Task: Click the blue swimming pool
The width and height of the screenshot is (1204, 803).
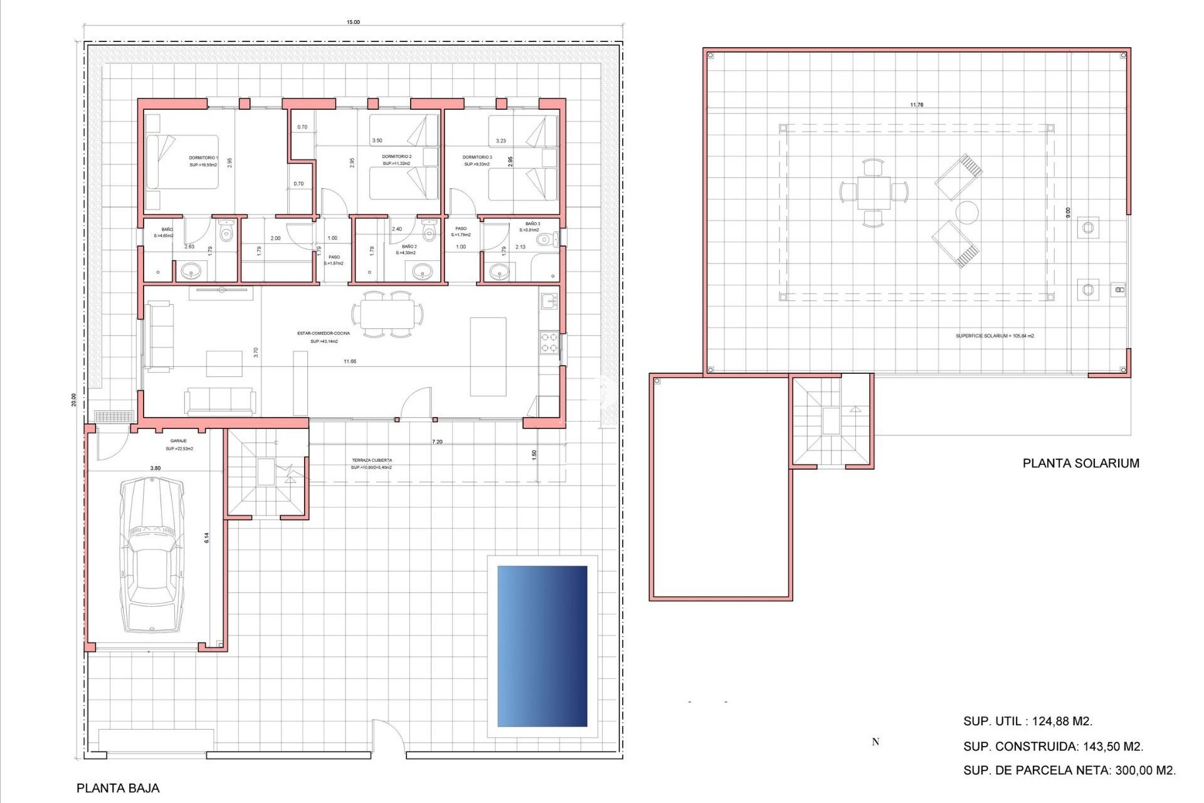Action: (542, 646)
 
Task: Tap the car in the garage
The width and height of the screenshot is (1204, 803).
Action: (152, 555)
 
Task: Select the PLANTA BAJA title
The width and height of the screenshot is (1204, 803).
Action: (118, 789)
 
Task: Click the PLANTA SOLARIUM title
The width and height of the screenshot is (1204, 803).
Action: (1080, 464)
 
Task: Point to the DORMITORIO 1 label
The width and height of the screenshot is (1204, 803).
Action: (203, 158)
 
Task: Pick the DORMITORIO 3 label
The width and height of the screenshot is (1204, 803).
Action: (477, 157)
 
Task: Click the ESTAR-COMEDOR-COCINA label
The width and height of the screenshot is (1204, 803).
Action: (324, 334)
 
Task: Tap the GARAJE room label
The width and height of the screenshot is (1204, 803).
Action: (179, 441)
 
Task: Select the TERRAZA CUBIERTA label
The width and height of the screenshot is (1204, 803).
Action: (372, 460)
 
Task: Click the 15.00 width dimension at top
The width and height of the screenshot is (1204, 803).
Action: (353, 22)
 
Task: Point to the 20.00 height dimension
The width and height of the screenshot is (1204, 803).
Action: (73, 400)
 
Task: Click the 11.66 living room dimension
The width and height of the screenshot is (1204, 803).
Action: (350, 361)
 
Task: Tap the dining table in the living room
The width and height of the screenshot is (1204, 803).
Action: (387, 314)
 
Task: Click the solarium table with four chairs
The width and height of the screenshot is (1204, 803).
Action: (874, 193)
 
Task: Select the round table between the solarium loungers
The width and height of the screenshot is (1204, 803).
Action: (967, 212)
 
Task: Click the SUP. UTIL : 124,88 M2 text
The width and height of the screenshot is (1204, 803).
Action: (1027, 721)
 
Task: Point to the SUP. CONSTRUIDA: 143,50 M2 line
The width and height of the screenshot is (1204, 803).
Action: (1053, 747)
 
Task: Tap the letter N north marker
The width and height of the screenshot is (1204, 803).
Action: (875, 742)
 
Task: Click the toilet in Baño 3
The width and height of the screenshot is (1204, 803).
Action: (549, 239)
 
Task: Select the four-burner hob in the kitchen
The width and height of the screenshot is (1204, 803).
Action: (549, 343)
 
